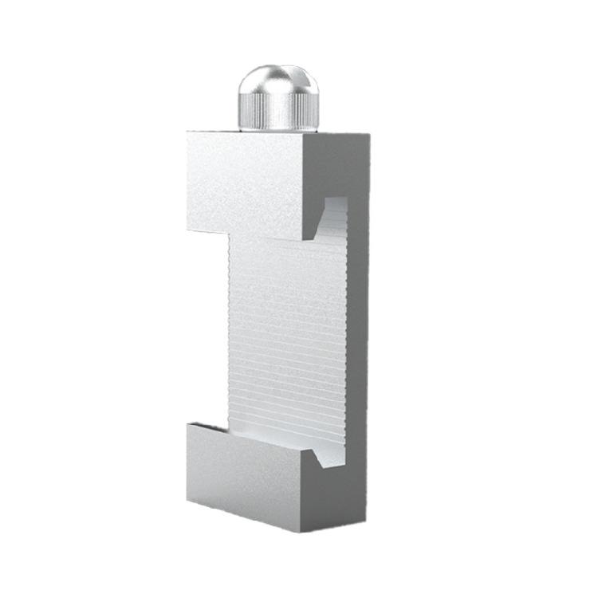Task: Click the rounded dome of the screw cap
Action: pyautogui.click(x=278, y=81)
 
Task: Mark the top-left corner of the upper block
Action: pyautogui.click(x=187, y=132)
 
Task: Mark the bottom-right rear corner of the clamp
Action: pyautogui.click(x=368, y=510)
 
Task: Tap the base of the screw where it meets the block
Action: pyautogui.click(x=278, y=129)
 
